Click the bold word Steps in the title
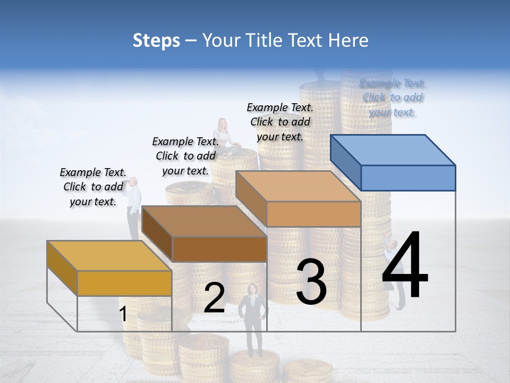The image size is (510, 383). pyautogui.click(x=156, y=40)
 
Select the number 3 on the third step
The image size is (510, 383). pyautogui.click(x=311, y=282)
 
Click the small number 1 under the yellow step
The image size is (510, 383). pyautogui.click(x=123, y=314)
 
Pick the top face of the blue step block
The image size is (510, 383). pyautogui.click(x=392, y=149)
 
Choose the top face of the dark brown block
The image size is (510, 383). pyautogui.click(x=204, y=221)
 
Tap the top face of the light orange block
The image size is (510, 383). pyautogui.click(x=298, y=186)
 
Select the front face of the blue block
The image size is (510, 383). pyautogui.click(x=408, y=178)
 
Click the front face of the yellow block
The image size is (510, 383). pyautogui.click(x=124, y=283)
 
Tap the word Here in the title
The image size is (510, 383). pyautogui.click(x=351, y=40)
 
